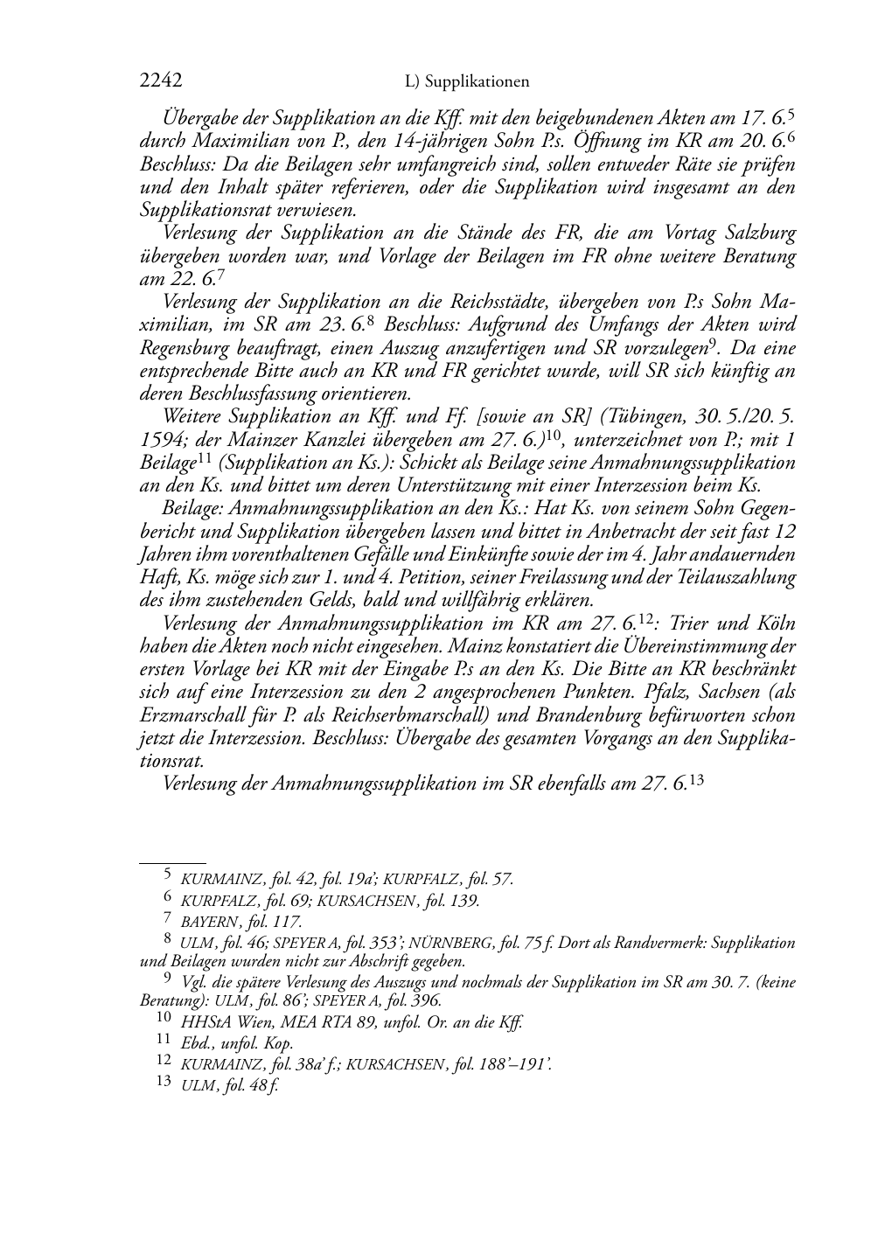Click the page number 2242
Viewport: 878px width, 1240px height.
(x=161, y=81)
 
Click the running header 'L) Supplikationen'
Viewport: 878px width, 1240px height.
(x=468, y=82)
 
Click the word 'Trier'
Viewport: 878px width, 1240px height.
(x=705, y=623)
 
